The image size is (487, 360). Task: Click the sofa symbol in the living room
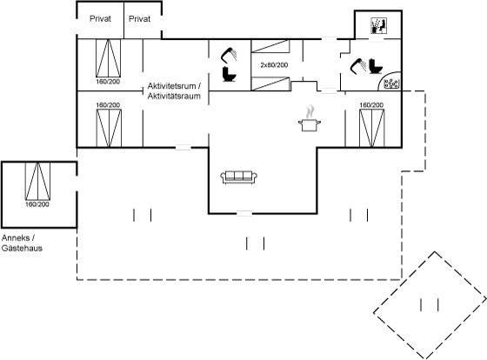(x=238, y=177)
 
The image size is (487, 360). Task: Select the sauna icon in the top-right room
(x=378, y=26)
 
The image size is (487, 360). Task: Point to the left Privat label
(x=100, y=18)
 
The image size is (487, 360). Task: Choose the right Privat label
(x=139, y=18)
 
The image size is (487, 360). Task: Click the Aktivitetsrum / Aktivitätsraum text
(x=174, y=90)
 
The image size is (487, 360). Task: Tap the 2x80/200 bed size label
(x=274, y=65)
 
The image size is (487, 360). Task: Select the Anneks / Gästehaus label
(x=22, y=243)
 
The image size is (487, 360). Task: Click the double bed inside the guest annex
(x=37, y=181)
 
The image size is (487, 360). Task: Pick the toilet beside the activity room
(x=230, y=74)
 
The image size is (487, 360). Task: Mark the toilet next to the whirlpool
(x=376, y=66)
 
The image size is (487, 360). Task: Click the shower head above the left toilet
(x=229, y=55)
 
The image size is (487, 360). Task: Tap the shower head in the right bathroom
(x=358, y=65)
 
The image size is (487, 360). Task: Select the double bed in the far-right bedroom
(x=372, y=128)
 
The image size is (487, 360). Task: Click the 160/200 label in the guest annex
(x=37, y=204)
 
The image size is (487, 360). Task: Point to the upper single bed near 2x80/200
(x=270, y=46)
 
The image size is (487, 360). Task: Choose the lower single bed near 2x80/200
(x=270, y=83)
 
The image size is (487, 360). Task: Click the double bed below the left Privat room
(x=108, y=58)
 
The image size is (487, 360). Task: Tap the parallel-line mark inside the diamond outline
(x=430, y=304)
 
